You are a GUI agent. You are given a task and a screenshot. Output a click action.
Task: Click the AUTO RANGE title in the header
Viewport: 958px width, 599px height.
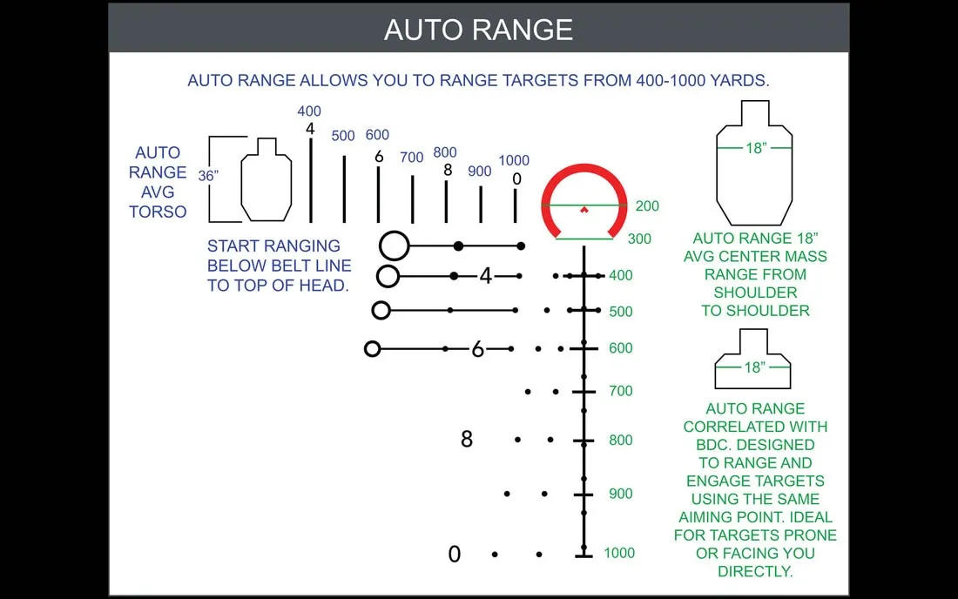tap(478, 30)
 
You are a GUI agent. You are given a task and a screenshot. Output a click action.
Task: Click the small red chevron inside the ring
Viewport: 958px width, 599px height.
tap(584, 209)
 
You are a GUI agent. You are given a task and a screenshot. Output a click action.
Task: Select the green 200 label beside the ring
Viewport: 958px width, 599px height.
tap(647, 206)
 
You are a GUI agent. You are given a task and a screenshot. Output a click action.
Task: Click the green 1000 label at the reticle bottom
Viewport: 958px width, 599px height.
tap(619, 553)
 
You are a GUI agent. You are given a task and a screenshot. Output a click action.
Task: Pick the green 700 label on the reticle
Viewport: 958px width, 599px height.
tap(621, 392)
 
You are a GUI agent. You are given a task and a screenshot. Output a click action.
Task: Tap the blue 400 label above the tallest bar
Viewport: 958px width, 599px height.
tap(309, 111)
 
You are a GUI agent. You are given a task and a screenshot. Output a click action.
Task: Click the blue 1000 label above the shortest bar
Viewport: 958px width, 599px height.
tap(514, 160)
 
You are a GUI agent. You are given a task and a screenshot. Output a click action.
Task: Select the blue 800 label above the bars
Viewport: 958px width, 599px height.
tap(445, 152)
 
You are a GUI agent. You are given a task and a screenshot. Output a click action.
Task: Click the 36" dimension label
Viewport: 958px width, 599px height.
tap(208, 175)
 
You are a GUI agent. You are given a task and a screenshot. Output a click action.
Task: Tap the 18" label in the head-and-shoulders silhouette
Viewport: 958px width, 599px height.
tap(753, 367)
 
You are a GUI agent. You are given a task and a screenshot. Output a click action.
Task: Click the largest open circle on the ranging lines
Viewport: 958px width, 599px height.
tap(394, 246)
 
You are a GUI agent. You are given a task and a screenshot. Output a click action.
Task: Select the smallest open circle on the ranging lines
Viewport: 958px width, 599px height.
tap(373, 349)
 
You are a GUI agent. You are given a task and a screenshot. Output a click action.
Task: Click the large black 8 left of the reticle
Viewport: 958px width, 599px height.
tap(467, 440)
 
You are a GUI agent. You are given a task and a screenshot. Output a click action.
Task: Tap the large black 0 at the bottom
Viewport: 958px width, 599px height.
tap(454, 554)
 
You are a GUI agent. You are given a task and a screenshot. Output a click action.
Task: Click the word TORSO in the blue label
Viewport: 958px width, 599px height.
tap(158, 212)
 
